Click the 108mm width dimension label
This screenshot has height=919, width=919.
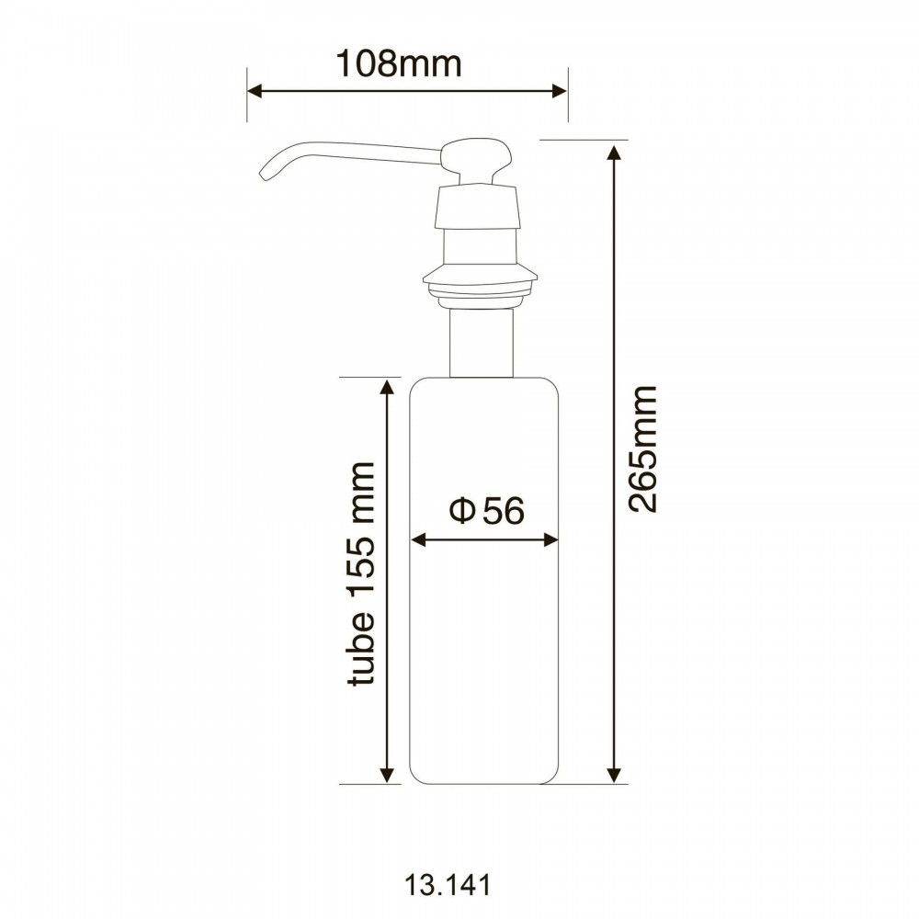click(x=399, y=63)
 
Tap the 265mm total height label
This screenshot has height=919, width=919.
click(x=643, y=449)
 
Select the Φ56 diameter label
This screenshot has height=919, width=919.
click(x=486, y=510)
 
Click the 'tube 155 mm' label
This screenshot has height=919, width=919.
click(x=360, y=573)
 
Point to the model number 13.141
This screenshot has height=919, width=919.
click(x=448, y=885)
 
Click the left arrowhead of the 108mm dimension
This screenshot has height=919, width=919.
click(x=255, y=91)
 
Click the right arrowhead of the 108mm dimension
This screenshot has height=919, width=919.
click(x=560, y=91)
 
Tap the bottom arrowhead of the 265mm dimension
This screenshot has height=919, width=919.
click(x=614, y=775)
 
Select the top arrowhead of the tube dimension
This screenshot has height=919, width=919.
click(x=386, y=388)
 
